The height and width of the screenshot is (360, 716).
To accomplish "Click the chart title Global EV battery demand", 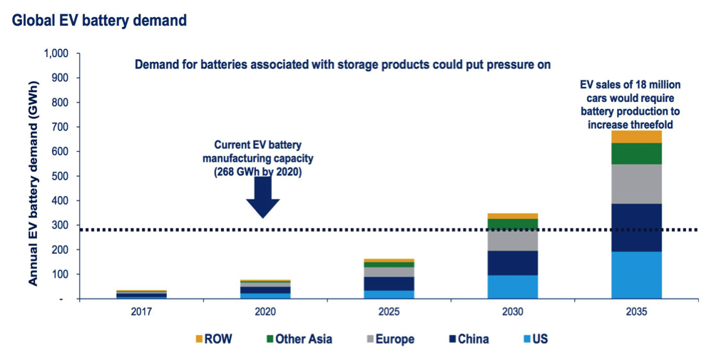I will pos(99,21).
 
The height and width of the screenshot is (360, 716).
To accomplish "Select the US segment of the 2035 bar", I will pos(636,275).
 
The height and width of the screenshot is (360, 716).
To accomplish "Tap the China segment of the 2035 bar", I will pos(636,227).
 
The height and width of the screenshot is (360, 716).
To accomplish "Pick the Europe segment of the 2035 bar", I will pos(636,184).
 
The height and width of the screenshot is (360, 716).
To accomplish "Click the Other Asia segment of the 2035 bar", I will pos(636,153).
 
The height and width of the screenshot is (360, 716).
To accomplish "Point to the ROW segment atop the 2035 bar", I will pos(636,137).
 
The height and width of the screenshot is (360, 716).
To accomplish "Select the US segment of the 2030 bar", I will pos(513,287).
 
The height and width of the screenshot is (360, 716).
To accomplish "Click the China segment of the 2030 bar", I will pos(513,262).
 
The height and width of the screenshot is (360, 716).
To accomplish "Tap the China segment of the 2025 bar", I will pos(389,283).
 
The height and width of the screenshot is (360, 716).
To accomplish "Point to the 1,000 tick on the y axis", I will pos(56,53).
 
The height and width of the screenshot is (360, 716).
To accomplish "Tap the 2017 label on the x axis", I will pos(142,312).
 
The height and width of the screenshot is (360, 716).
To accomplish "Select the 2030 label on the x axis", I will pos(513,312).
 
